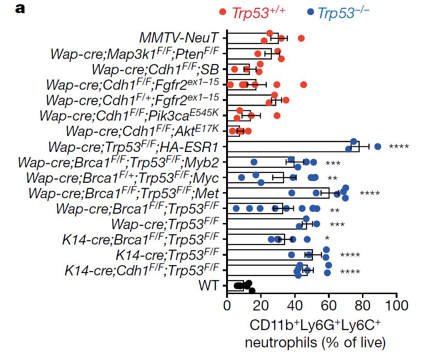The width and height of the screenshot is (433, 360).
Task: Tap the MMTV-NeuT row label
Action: coord(180,37)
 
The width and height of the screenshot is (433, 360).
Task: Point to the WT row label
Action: coord(208,285)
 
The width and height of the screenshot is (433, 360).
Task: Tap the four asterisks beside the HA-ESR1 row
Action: coord(398,148)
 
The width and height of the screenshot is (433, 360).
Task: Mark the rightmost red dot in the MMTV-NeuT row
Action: coord(301,38)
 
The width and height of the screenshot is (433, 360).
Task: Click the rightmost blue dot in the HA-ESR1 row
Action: coord(378,147)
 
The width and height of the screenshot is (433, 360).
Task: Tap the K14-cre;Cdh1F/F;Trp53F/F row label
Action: coord(142,270)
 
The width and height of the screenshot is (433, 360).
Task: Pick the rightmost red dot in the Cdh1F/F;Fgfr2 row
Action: coord(304,85)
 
